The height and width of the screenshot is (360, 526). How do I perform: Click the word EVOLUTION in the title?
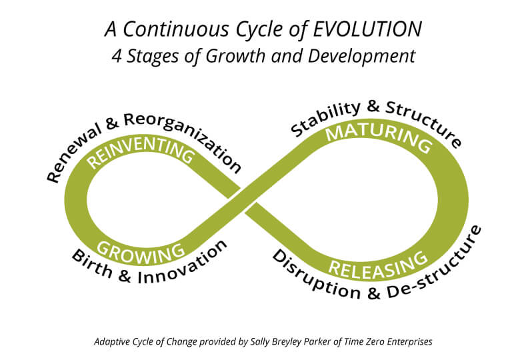(x=367, y=29)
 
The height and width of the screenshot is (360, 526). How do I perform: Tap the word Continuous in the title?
(x=175, y=29)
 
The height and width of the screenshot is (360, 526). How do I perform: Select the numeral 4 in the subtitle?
(x=117, y=56)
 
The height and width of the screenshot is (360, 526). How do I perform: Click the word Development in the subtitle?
(x=361, y=57)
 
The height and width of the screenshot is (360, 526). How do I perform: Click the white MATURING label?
(x=379, y=137)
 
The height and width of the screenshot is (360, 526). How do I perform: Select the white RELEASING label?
(x=378, y=266)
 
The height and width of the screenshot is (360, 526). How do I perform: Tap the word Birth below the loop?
(x=91, y=264)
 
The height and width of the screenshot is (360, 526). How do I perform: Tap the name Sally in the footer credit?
(x=259, y=342)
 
